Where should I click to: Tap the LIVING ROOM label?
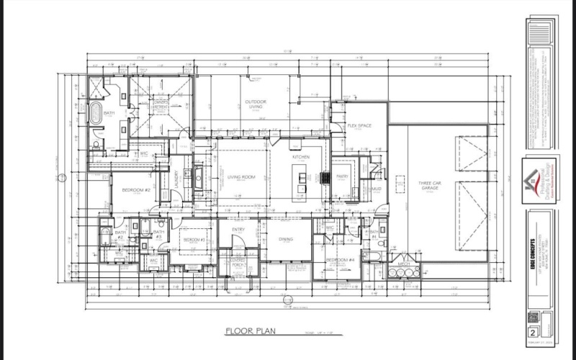tap(243, 176)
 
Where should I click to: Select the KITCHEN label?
tap(300, 156)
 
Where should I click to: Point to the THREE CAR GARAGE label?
tap(431, 186)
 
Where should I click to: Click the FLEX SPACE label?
tap(359, 126)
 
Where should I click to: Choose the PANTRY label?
tap(342, 176)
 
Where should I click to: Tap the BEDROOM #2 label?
tap(135, 190)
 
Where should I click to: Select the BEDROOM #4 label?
tap(341, 259)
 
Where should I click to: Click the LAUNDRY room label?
tap(177, 178)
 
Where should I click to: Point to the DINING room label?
tap(285, 239)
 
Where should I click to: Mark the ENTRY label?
tap(238, 230)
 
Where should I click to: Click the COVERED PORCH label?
tap(238, 262)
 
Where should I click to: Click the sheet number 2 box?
tap(532, 332)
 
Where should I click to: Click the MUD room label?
tap(376, 189)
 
